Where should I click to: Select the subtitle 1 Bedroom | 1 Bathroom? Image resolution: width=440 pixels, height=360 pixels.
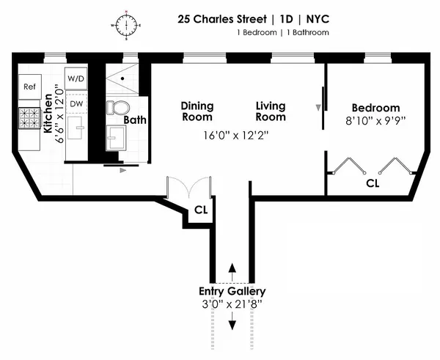pyautogui.click(x=283, y=32)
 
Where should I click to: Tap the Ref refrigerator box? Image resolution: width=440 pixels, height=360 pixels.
pyautogui.click(x=29, y=87)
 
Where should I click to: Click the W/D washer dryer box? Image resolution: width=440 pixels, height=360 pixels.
pyautogui.click(x=76, y=78)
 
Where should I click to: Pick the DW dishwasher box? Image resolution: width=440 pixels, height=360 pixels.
pyautogui.click(x=76, y=103)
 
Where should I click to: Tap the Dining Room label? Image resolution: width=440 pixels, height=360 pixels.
pyautogui.click(x=197, y=111)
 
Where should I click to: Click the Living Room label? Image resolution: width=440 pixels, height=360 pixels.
pyautogui.click(x=270, y=111)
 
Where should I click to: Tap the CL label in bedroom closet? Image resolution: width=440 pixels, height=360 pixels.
pyautogui.click(x=373, y=183)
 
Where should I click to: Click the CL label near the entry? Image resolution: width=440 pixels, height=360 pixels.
pyautogui.click(x=200, y=211)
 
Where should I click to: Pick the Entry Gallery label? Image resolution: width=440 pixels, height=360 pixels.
pyautogui.click(x=232, y=291)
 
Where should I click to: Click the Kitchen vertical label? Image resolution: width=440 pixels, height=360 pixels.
pyautogui.click(x=49, y=117)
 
